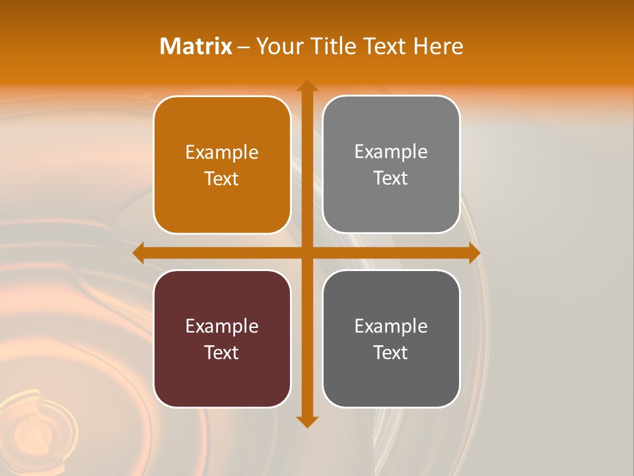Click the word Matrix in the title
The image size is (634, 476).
tap(196, 46)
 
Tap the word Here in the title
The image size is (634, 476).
tap(439, 46)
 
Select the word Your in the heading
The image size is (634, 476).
tap(279, 46)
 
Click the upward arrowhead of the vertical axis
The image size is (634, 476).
tap(307, 86)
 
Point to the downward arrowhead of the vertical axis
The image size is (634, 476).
tap(307, 421)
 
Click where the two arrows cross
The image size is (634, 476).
tap(307, 253)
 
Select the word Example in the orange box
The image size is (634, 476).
tap(222, 153)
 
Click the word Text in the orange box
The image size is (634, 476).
tap(222, 179)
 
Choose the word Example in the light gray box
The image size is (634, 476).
tap(391, 152)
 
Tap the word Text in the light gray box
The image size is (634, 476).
tap(391, 178)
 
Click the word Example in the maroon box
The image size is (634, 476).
tap(222, 327)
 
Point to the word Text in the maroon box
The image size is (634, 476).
tap(222, 353)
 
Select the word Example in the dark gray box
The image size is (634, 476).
tap(391, 327)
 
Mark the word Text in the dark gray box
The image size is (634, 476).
tap(391, 353)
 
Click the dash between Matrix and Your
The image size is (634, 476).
tap(244, 47)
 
